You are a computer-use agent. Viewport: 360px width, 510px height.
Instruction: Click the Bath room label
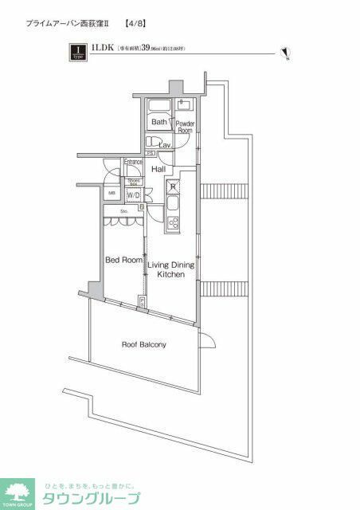point(159,122)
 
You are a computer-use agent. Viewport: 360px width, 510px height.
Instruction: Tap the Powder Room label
point(186,125)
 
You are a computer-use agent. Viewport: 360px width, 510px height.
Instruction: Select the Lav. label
point(166,146)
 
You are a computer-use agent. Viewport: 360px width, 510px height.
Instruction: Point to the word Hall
point(158,169)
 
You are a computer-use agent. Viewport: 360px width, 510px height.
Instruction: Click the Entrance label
point(133,163)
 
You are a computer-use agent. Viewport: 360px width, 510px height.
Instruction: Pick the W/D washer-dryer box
point(133,195)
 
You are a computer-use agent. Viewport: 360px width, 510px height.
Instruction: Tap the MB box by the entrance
point(112,194)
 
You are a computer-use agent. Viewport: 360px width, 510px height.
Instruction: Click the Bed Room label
point(123,260)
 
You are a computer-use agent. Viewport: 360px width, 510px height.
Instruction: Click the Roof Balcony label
point(143,345)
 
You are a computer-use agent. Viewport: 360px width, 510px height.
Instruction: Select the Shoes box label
point(134,182)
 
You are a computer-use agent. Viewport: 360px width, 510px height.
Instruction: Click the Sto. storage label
point(124,212)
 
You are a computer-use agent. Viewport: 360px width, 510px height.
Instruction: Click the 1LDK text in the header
point(102,49)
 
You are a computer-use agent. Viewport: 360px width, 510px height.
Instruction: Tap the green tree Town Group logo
point(18,491)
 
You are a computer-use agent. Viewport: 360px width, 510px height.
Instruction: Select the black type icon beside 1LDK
point(77,52)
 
